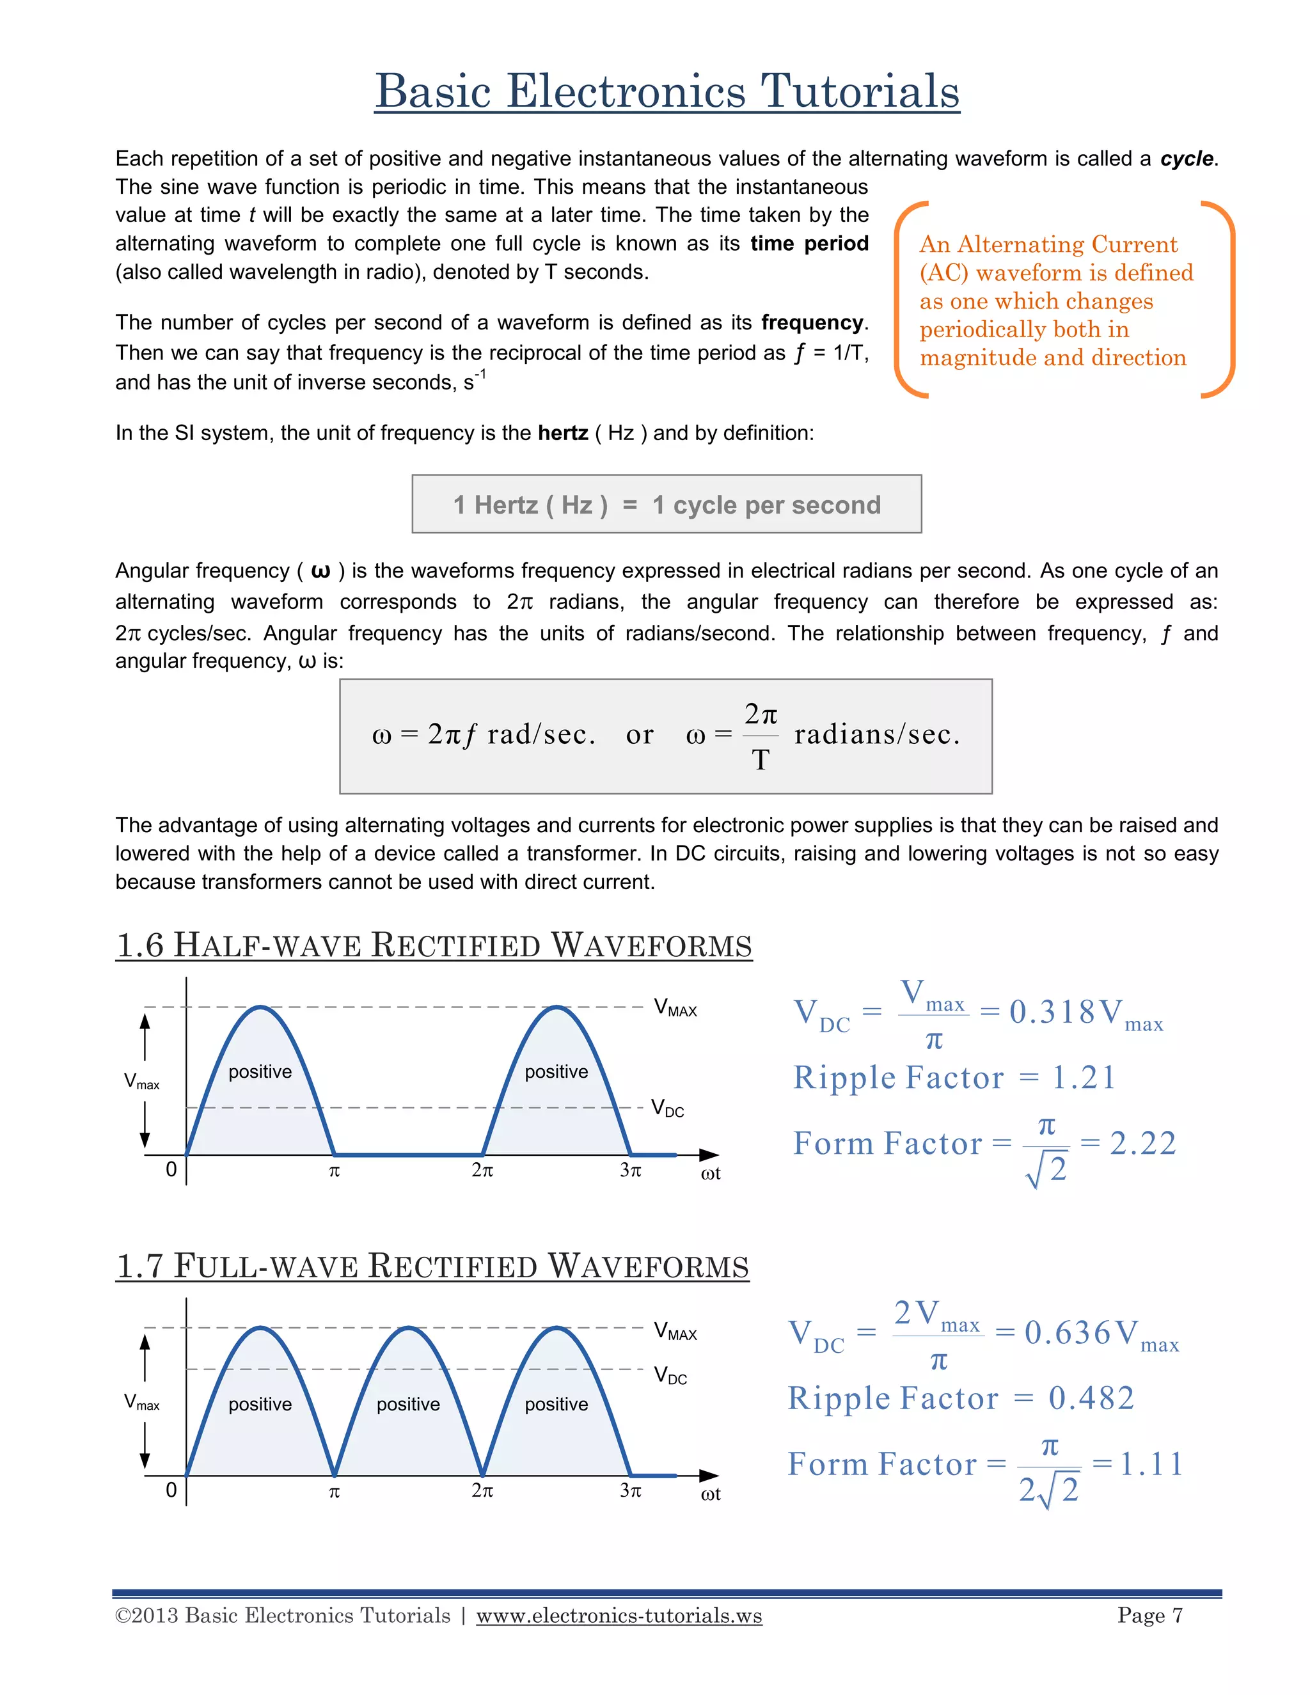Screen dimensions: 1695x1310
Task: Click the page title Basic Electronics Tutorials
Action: coord(667,91)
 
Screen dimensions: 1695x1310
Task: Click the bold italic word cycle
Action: coord(1187,159)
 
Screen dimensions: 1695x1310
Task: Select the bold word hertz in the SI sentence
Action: coord(563,432)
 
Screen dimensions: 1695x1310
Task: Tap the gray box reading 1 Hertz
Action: coord(667,505)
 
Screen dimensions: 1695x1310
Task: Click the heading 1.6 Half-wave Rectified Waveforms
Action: coord(434,945)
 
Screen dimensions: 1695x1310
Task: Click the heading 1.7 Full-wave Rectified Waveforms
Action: coord(432,1266)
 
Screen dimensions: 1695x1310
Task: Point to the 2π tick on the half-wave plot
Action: coord(482,1170)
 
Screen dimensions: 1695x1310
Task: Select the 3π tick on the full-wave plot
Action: coord(630,1490)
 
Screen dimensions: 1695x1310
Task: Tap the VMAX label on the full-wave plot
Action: coord(675,1331)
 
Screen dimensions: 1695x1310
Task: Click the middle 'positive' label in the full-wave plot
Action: coord(408,1404)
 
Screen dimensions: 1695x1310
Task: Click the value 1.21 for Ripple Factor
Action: coord(1084,1077)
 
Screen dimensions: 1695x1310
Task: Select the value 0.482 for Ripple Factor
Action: coord(1091,1398)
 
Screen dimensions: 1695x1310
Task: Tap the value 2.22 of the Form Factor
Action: coord(1142,1143)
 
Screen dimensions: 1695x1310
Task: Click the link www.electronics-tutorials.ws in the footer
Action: coord(619,1615)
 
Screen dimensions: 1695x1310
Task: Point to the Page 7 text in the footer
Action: coord(1149,1615)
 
